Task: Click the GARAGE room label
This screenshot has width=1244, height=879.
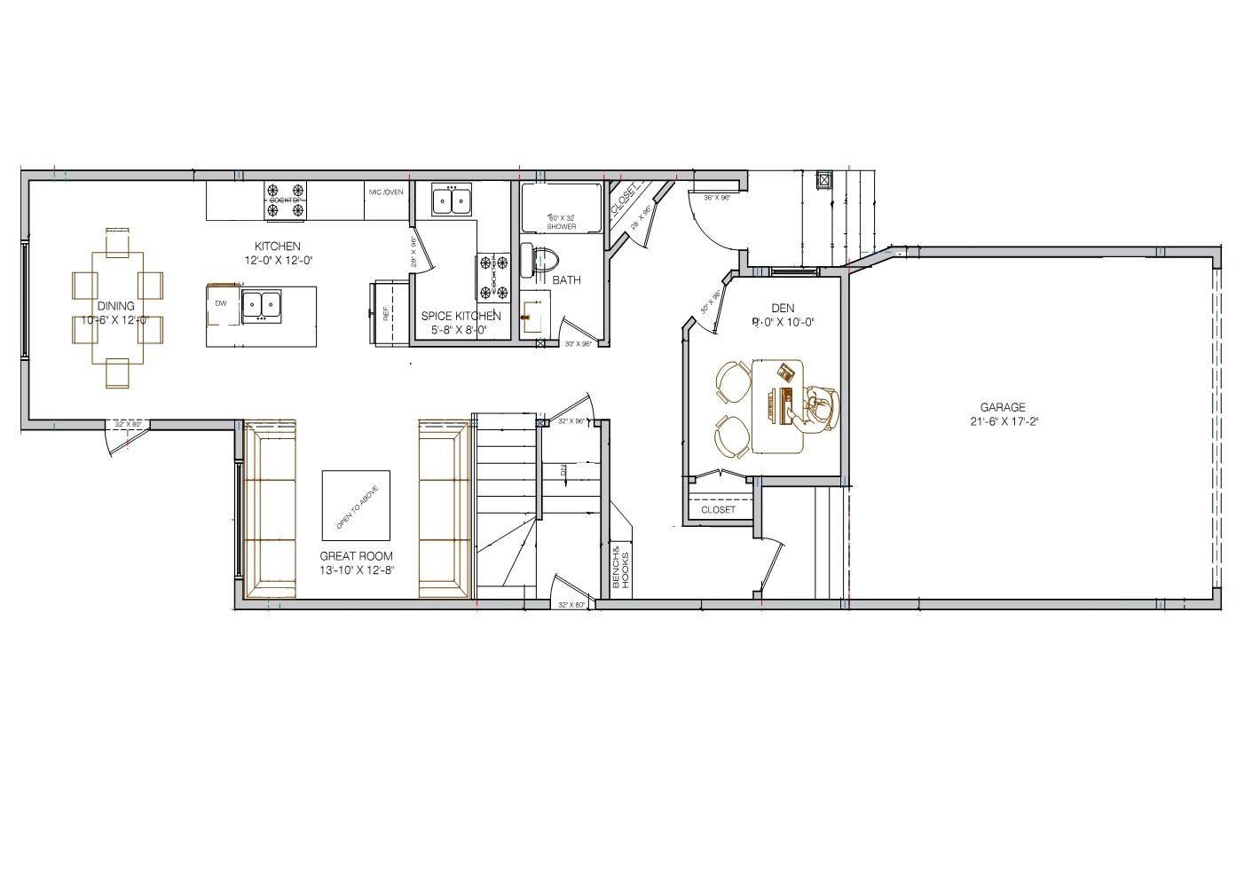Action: [1003, 408]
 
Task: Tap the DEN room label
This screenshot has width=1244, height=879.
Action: [783, 309]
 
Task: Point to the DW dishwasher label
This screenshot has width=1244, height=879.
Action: [220, 303]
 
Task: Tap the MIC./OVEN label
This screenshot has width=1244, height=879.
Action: [386, 192]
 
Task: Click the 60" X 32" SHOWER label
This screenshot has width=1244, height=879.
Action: [561, 222]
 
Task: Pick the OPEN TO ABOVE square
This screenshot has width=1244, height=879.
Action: [356, 506]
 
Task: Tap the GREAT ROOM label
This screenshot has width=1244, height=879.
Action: [356, 556]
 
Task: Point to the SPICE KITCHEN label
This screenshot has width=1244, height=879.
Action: [461, 316]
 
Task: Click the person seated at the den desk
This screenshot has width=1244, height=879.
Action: [820, 410]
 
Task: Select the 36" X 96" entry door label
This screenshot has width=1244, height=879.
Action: [716, 198]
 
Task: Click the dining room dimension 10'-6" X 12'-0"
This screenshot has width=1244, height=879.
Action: [115, 319]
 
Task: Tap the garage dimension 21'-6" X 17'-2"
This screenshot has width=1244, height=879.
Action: [1004, 421]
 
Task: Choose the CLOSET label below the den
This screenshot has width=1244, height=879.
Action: [718, 510]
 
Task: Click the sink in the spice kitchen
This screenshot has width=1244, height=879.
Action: [452, 200]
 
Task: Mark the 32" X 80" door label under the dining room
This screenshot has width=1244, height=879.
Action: [128, 424]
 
